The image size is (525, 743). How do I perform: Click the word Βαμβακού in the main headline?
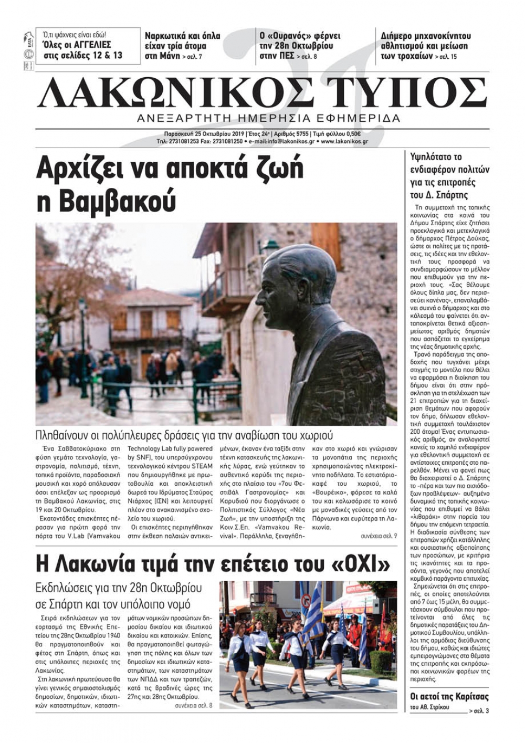tap(105, 201)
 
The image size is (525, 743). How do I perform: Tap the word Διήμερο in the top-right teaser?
tap(397, 36)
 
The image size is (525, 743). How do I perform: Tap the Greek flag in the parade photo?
tap(314, 609)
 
